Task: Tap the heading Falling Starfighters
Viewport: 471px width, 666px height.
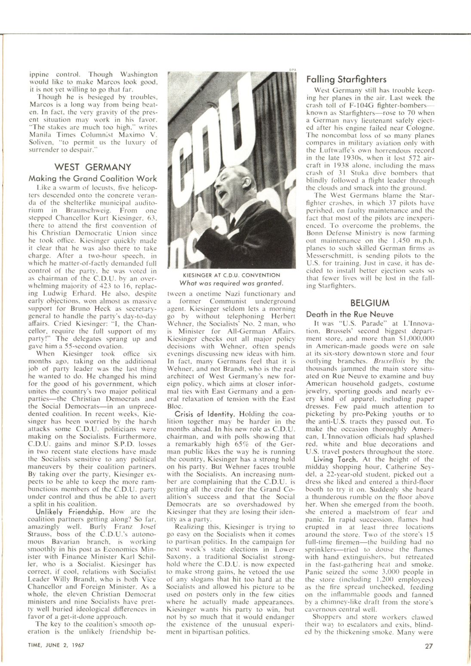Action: pyautogui.click(x=346, y=79)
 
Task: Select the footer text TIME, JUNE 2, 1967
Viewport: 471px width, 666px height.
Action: pyautogui.click(x=53, y=645)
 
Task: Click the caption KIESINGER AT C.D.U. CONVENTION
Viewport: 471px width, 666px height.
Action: pyautogui.click(x=231, y=275)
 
